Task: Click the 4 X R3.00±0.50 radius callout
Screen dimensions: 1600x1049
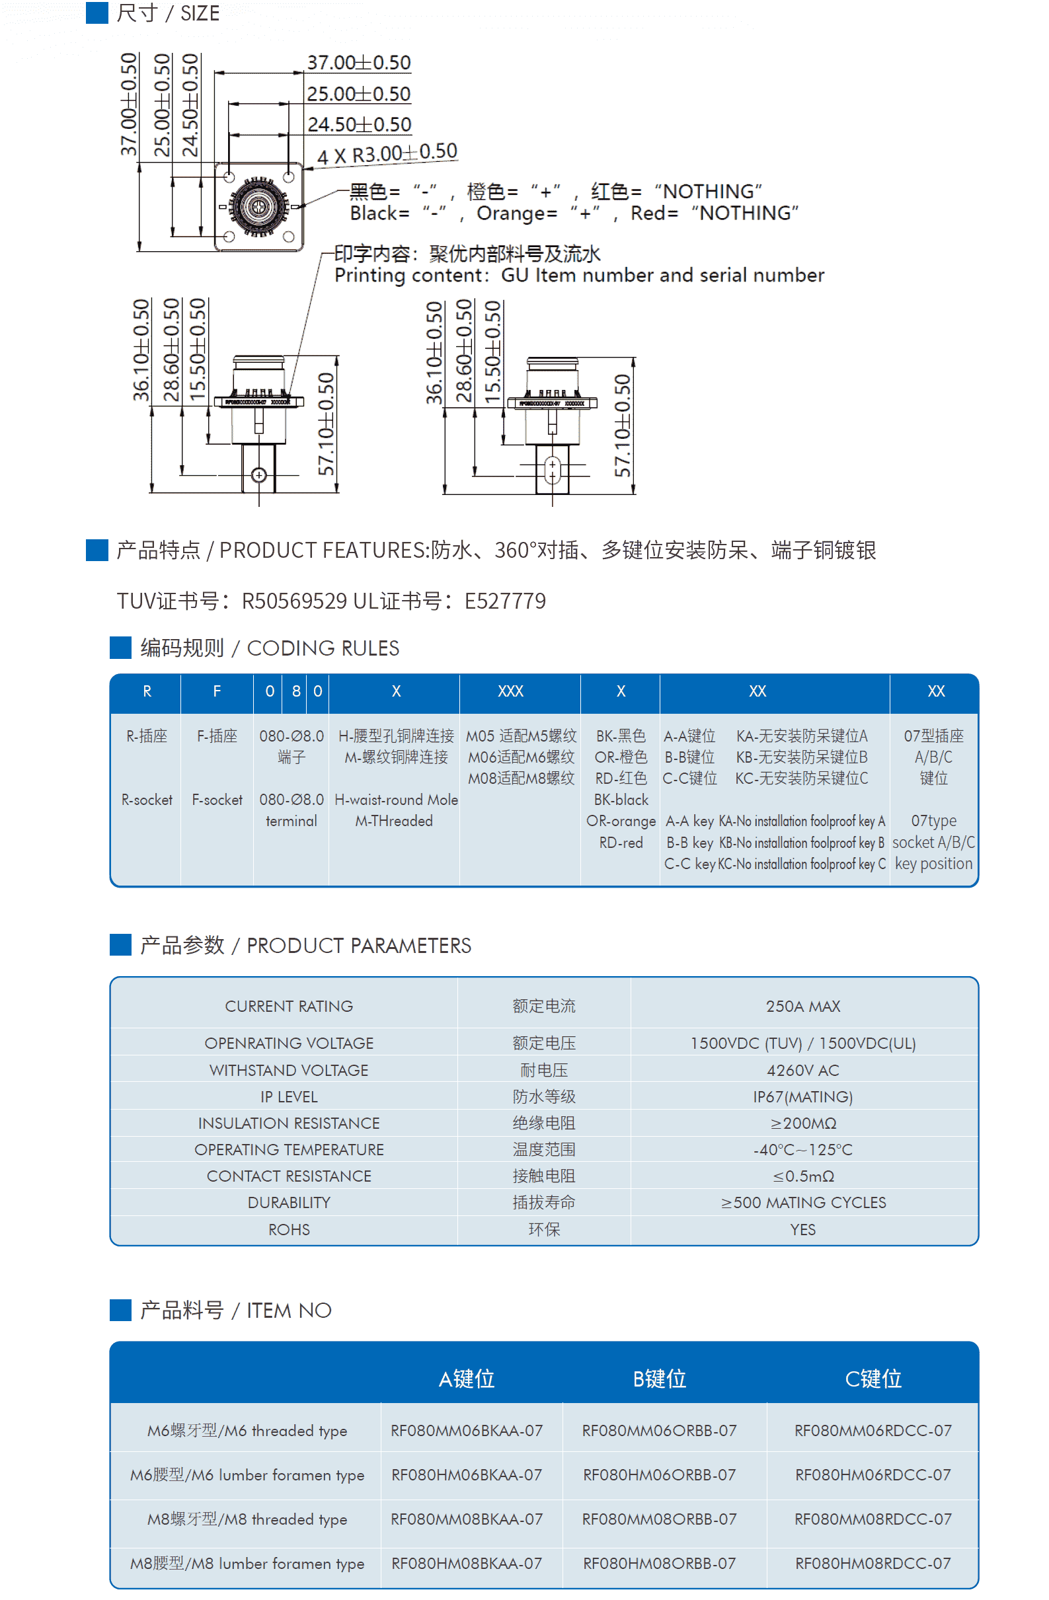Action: pyautogui.click(x=387, y=154)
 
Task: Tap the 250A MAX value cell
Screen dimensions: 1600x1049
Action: pyautogui.click(x=803, y=1007)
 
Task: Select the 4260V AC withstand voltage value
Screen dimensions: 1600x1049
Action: pyautogui.click(x=803, y=1070)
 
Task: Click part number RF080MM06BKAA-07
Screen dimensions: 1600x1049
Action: pyautogui.click(x=467, y=1431)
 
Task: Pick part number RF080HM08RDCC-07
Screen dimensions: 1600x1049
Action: pyautogui.click(x=873, y=1564)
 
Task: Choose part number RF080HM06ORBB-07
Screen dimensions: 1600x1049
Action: pyautogui.click(x=660, y=1475)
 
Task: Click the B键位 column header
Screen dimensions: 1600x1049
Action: pyautogui.click(x=660, y=1379)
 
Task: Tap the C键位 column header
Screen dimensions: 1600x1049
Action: pyautogui.click(x=873, y=1379)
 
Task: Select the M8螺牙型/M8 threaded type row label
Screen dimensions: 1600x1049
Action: pyautogui.click(x=247, y=1519)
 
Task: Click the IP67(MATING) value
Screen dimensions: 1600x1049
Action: pyautogui.click(x=803, y=1097)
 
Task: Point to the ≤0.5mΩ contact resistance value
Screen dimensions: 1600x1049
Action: pyautogui.click(x=803, y=1176)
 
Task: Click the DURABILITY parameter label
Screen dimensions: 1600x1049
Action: pyautogui.click(x=289, y=1203)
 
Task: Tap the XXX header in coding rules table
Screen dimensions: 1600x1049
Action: pyautogui.click(x=510, y=691)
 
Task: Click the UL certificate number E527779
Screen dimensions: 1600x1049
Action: pyautogui.click(x=505, y=601)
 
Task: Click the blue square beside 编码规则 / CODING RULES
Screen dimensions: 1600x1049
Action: pyautogui.click(x=120, y=648)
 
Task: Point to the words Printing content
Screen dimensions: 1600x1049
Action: pyautogui.click(x=408, y=276)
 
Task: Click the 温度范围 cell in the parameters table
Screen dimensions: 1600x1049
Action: pyautogui.click(x=544, y=1149)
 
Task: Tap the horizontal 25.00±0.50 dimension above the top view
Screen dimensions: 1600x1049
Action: pyautogui.click(x=358, y=94)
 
